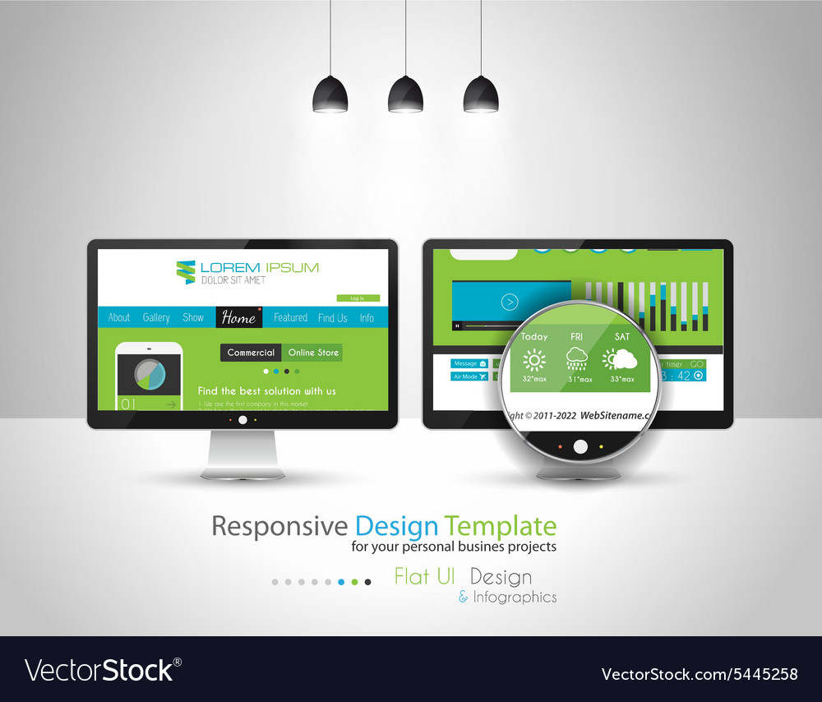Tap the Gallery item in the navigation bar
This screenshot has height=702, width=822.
(156, 317)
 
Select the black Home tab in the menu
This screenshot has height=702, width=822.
(238, 318)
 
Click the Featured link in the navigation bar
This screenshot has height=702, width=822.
(290, 317)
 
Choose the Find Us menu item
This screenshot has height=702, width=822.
(333, 317)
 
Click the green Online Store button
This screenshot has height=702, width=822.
(313, 353)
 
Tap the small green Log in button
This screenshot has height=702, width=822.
(358, 298)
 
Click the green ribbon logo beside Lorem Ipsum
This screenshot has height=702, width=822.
(186, 272)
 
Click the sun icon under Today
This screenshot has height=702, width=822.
(534, 360)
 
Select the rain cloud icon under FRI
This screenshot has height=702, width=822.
(577, 359)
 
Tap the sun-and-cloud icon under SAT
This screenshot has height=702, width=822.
(621, 359)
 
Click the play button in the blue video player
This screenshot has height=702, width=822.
(510, 303)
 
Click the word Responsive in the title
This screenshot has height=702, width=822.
(279, 526)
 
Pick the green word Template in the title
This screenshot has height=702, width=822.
(500, 526)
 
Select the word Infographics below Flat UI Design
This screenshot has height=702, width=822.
(515, 598)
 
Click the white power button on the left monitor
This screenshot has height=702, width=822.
(242, 420)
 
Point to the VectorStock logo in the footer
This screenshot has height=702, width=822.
(103, 670)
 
